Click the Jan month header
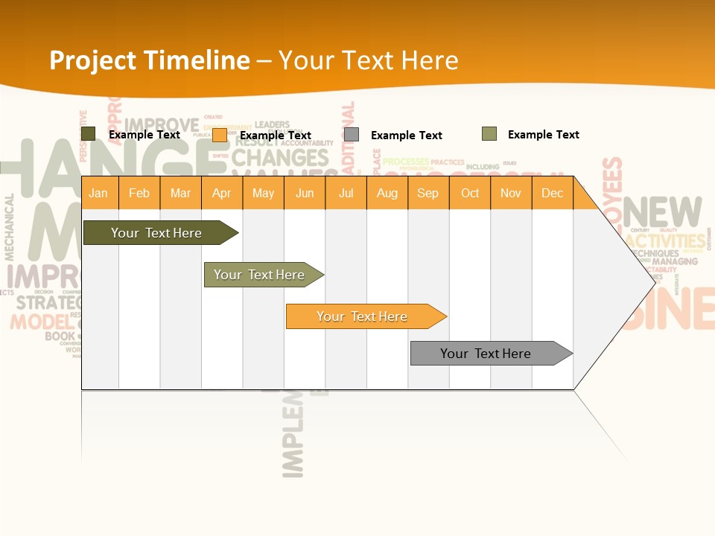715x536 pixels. coord(98,193)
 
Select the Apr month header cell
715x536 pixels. coord(221,193)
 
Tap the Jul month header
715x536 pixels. coord(346,193)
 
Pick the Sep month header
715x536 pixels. coord(428,193)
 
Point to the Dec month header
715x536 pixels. coord(552,193)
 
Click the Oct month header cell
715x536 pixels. coord(470,193)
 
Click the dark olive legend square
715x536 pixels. coord(89,134)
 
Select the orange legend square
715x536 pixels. coord(220,135)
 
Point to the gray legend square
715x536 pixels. coord(352,135)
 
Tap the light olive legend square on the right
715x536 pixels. coord(489,134)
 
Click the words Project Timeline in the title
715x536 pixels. coord(149,60)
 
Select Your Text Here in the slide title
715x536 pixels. coord(368,60)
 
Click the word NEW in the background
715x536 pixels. coord(662,213)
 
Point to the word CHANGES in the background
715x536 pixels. coord(280,158)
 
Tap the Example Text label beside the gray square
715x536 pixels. coord(406,135)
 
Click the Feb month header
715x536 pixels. coord(139,193)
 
